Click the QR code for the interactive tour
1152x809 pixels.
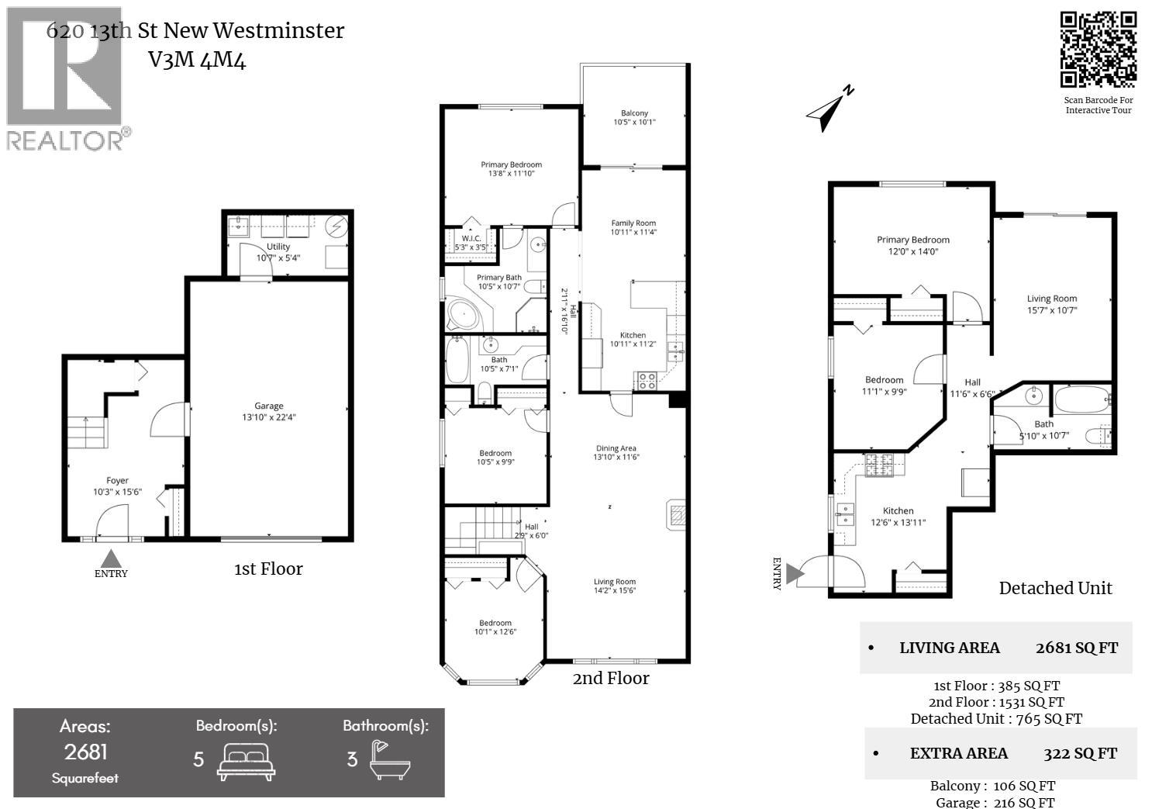(x=1098, y=50)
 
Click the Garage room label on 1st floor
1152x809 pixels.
(x=269, y=411)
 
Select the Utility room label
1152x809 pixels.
(x=278, y=252)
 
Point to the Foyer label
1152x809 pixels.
(x=117, y=486)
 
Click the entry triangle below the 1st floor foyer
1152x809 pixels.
(x=111, y=558)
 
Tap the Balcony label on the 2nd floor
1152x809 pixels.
(x=634, y=117)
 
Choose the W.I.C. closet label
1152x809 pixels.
(x=471, y=243)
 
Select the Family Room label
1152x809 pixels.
(x=633, y=227)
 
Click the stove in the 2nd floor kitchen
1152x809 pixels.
(x=646, y=381)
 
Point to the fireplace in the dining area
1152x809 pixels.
(x=675, y=514)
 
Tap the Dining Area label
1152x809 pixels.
(x=616, y=452)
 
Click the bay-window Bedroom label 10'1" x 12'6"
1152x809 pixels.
(x=495, y=627)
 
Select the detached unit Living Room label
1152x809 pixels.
(x=1052, y=303)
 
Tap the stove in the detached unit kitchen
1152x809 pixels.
(x=880, y=465)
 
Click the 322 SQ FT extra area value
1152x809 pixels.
(x=1080, y=753)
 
